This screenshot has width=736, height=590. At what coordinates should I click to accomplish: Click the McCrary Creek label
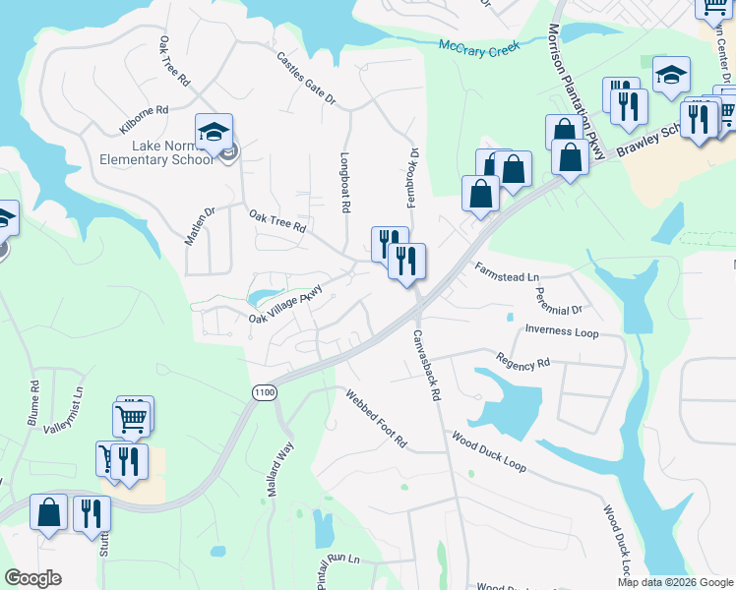(x=479, y=46)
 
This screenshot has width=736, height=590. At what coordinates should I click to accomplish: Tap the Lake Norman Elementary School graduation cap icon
(x=214, y=131)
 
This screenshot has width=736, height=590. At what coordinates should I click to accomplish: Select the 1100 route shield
(x=264, y=392)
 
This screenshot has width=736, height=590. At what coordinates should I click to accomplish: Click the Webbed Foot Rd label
(x=375, y=418)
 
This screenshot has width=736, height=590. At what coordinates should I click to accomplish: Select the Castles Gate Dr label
(x=306, y=80)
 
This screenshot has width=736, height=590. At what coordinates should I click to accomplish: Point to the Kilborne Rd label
(x=144, y=120)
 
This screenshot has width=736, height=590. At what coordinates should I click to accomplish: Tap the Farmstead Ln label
(x=508, y=271)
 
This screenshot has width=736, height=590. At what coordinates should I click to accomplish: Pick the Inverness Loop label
(x=562, y=331)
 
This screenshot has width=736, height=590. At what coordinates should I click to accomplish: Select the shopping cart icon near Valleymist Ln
(x=133, y=418)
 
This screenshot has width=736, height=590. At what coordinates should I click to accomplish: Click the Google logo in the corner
(x=32, y=578)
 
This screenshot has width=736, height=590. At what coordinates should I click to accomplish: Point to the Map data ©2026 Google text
(x=674, y=582)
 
